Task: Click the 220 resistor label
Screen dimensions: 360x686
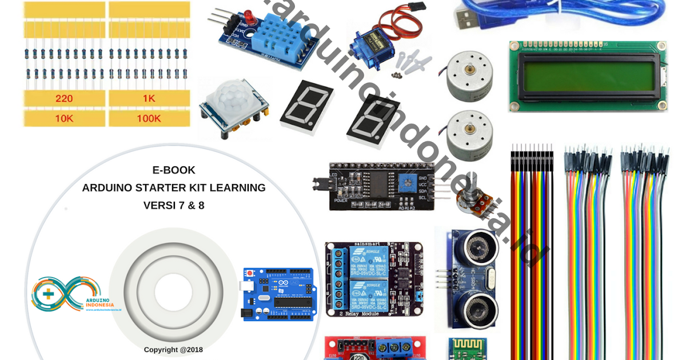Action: pyautogui.click(x=64, y=98)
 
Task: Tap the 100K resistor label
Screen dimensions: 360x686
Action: pyautogui.click(x=149, y=119)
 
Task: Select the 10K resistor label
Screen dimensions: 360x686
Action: pyautogui.click(x=64, y=119)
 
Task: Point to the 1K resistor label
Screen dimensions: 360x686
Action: pyautogui.click(x=149, y=98)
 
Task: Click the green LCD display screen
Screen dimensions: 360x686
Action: pyautogui.click(x=588, y=77)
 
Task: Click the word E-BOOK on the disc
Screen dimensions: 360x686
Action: pyautogui.click(x=174, y=170)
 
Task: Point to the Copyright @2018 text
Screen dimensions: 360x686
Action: pyautogui.click(x=173, y=350)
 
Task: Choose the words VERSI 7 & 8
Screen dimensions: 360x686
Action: pyautogui.click(x=174, y=205)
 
